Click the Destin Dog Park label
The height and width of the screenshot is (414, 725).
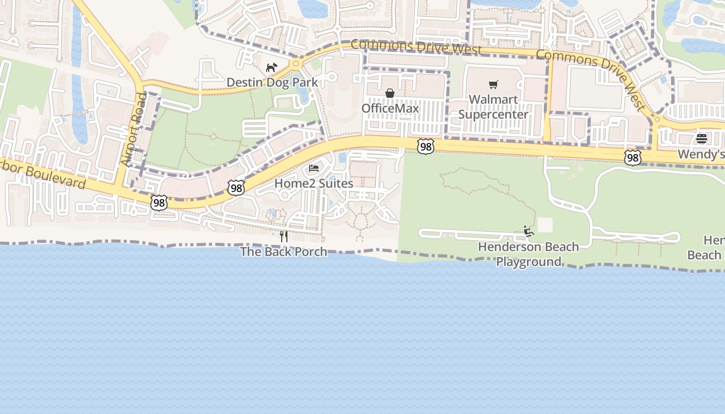pyautogui.click(x=272, y=83)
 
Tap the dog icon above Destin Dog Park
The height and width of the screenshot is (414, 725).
pyautogui.click(x=271, y=67)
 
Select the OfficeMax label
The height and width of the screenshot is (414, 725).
pyautogui.click(x=390, y=108)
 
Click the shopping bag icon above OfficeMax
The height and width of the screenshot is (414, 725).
pyautogui.click(x=390, y=93)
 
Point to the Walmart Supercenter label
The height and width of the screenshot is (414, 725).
pyautogui.click(x=493, y=107)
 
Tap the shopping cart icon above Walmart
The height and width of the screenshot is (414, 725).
pyautogui.click(x=493, y=84)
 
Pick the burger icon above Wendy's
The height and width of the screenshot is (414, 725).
pyautogui.click(x=702, y=138)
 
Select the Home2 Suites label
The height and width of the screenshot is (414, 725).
pyautogui.click(x=314, y=183)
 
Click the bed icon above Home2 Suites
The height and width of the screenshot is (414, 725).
pyautogui.click(x=314, y=168)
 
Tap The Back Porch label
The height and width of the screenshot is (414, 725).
pyautogui.click(x=284, y=252)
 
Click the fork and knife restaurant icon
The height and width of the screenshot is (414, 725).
pyautogui.click(x=284, y=236)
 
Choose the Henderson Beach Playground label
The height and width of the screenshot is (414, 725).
pyautogui.click(x=528, y=254)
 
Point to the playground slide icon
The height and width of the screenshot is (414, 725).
pyautogui.click(x=528, y=231)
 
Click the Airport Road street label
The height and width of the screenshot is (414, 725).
pyautogui.click(x=134, y=130)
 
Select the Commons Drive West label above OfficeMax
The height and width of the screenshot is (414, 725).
pyautogui.click(x=416, y=47)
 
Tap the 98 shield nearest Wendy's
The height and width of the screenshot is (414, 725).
pyautogui.click(x=632, y=157)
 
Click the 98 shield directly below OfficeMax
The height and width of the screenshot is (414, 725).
pyautogui.click(x=425, y=146)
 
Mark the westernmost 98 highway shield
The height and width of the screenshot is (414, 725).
pyautogui.click(x=159, y=202)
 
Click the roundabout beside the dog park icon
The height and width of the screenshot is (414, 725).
pyautogui.click(x=296, y=64)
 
